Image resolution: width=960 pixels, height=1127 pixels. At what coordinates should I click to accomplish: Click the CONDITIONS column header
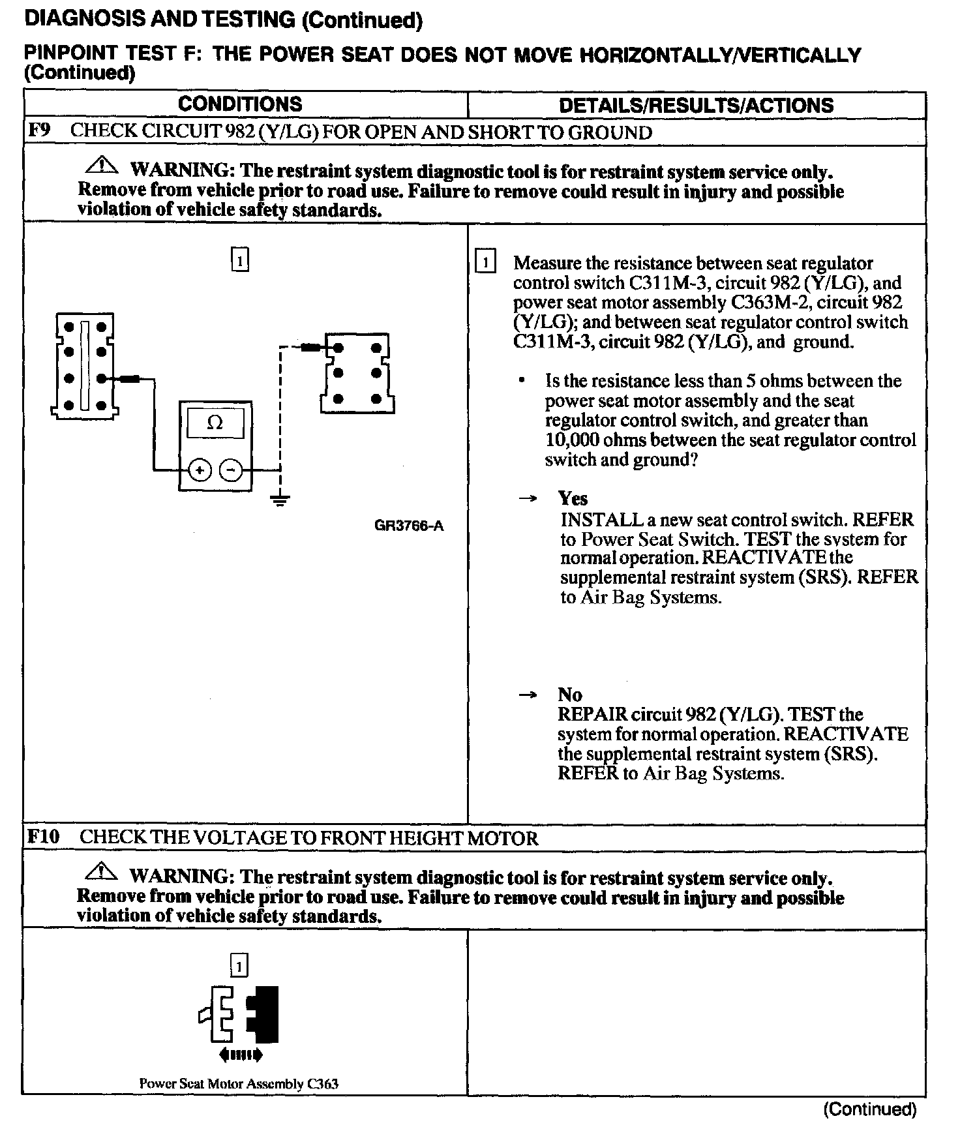pyautogui.click(x=240, y=104)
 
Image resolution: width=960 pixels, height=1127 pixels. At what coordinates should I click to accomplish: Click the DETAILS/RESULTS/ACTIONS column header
pyautogui.click(x=696, y=106)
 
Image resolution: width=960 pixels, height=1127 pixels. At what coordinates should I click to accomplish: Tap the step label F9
pyautogui.click(x=38, y=130)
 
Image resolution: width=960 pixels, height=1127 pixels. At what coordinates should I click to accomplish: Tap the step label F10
pyautogui.click(x=43, y=837)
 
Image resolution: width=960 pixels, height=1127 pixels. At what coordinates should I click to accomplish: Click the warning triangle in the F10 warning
pyautogui.click(x=100, y=871)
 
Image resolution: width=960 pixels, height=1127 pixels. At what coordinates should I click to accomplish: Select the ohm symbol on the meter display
pyautogui.click(x=215, y=423)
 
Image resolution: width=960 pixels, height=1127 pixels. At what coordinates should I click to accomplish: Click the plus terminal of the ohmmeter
pyautogui.click(x=200, y=470)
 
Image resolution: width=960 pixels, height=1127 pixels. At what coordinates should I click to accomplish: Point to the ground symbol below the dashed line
pyautogui.click(x=280, y=500)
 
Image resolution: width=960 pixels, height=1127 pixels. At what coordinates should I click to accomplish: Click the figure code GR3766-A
pyautogui.click(x=409, y=526)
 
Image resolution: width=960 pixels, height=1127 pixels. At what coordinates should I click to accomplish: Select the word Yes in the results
pyautogui.click(x=573, y=499)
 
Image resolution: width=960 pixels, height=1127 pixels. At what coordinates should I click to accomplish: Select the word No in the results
pyautogui.click(x=569, y=695)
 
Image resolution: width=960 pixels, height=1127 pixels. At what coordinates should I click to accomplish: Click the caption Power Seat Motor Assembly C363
pyautogui.click(x=239, y=1084)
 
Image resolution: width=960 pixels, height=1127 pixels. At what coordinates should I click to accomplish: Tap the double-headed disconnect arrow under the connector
pyautogui.click(x=241, y=1054)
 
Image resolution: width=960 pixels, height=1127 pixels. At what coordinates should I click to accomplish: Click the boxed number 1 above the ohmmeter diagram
pyautogui.click(x=240, y=261)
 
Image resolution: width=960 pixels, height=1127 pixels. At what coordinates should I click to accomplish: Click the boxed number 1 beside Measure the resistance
pyautogui.click(x=486, y=263)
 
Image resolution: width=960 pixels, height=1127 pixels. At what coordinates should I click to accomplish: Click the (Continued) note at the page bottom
pyautogui.click(x=871, y=1109)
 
